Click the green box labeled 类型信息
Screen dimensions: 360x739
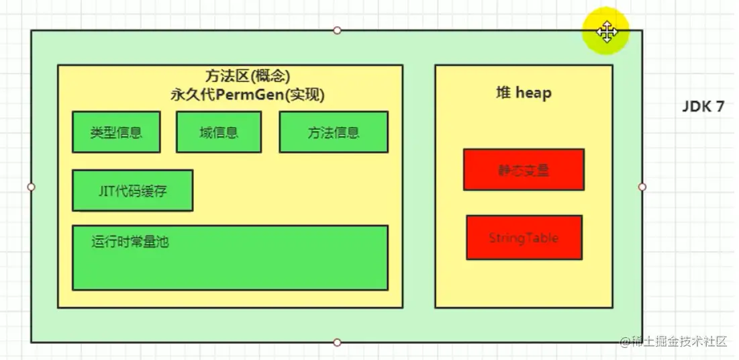[116, 132]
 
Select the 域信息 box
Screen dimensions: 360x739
[219, 132]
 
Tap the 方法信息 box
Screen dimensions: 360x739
[334, 132]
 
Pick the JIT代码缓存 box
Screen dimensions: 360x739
[132, 191]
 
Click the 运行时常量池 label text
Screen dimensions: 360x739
[130, 241]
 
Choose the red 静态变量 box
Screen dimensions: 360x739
[524, 170]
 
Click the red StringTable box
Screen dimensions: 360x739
[524, 238]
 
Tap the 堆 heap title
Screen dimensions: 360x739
[523, 93]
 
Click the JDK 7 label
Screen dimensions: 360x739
[703, 106]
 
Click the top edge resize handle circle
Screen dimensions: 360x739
[337, 30]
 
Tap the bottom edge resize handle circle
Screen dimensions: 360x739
[337, 343]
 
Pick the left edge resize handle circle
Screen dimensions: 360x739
[31, 187]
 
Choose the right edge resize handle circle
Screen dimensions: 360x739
[642, 187]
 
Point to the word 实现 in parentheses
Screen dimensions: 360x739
[305, 95]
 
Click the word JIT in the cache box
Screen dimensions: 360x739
[104, 191]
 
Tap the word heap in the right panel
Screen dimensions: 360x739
[533, 93]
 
